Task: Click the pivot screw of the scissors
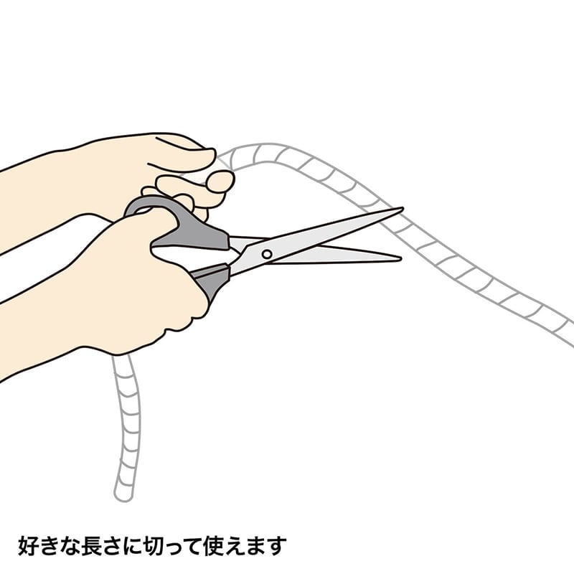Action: tap(266, 253)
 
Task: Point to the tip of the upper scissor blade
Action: tap(402, 210)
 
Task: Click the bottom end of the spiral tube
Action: tap(123, 494)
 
